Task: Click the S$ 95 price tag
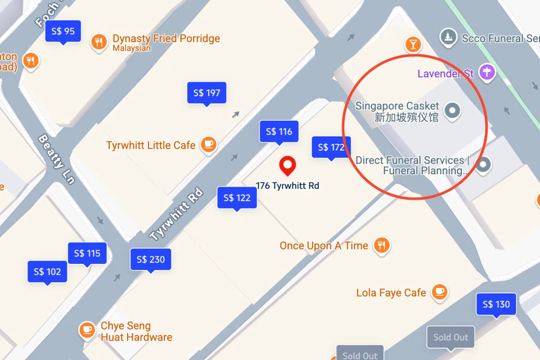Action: [63, 31]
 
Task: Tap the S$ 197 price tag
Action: [206, 93]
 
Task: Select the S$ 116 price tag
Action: [278, 132]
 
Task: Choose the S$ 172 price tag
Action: [331, 147]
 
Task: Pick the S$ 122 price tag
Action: [236, 198]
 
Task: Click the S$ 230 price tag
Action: [150, 259]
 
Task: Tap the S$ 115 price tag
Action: [87, 254]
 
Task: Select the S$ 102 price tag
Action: [47, 272]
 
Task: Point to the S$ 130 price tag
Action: [496, 304]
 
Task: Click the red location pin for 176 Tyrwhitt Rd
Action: [288, 166]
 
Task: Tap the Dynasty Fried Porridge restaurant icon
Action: [99, 43]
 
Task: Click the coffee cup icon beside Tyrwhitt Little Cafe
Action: [209, 145]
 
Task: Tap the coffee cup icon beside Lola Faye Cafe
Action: [439, 292]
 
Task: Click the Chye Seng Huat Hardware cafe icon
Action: [87, 330]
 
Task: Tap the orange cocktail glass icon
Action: [413, 44]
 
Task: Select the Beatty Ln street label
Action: [56, 159]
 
